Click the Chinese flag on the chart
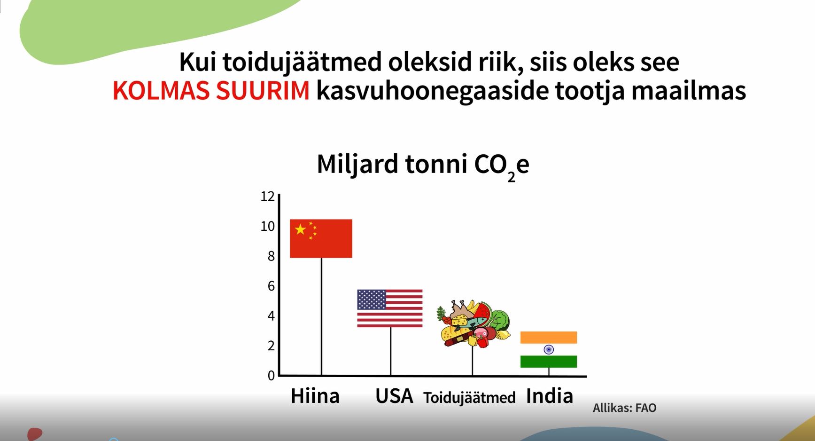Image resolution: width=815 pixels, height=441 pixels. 321,238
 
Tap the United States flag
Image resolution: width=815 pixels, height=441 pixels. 390,308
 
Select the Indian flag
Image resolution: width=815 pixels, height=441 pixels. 549,349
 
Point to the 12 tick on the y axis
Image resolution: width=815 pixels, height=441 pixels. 267,196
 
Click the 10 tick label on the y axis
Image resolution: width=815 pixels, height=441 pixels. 267,226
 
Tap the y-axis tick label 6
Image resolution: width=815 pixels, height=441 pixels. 271,286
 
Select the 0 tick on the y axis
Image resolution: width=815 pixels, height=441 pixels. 271,375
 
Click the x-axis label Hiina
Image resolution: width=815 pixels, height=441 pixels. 315,396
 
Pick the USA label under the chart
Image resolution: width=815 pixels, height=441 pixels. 394,396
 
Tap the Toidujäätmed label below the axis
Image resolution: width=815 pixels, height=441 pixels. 469,398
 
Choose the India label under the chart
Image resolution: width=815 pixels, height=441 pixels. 550,396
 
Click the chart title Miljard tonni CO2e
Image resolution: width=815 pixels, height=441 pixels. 423,165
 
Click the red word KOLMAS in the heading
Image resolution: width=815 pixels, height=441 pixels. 161,90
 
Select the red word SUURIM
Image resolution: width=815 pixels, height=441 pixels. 263,90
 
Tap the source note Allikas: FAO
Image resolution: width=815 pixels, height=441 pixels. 624,408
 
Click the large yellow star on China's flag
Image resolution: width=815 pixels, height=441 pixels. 300,229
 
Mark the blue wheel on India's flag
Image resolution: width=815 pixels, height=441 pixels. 549,349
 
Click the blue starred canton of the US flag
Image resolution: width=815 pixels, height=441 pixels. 372,299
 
